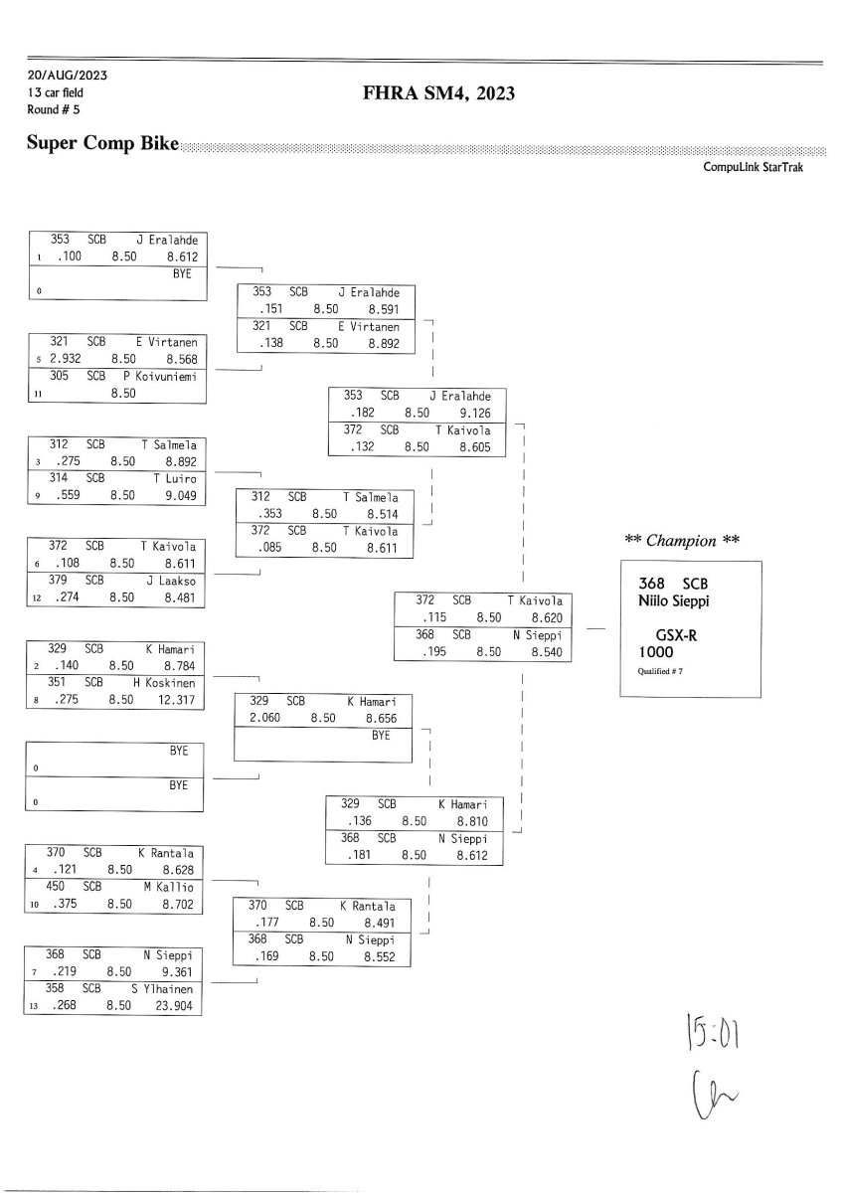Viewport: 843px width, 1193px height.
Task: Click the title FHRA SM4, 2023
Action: click(x=438, y=94)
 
